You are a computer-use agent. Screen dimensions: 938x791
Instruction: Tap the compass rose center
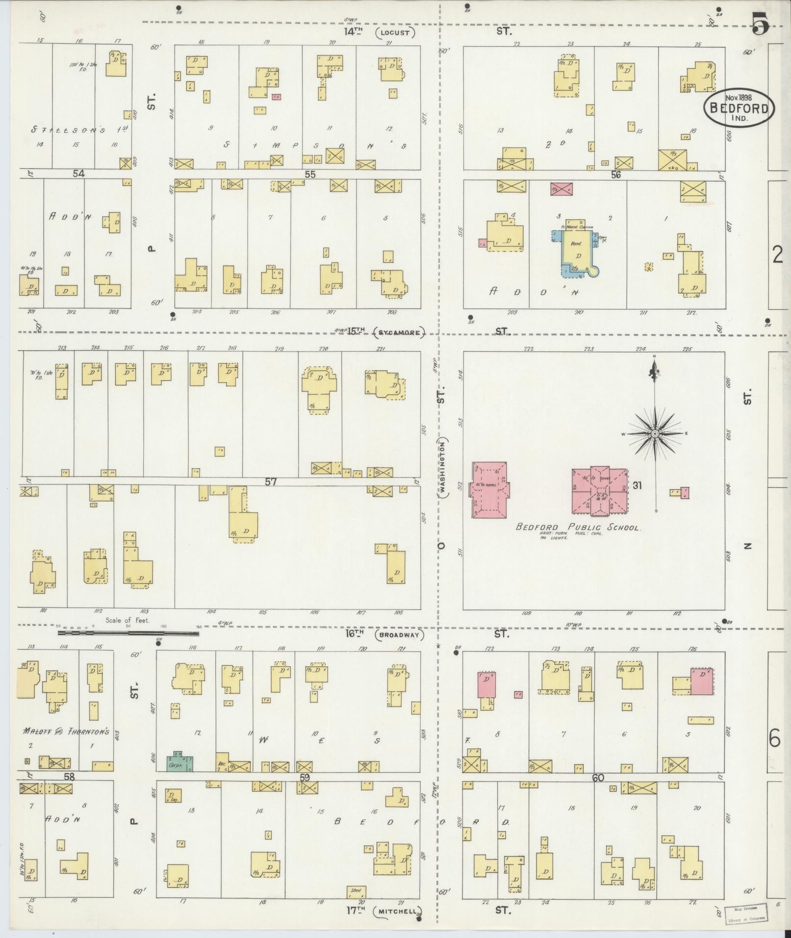(655, 434)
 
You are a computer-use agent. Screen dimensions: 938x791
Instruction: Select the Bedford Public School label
(578, 528)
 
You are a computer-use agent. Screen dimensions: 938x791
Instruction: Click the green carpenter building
(179, 761)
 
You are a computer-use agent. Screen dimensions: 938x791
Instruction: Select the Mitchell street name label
(397, 912)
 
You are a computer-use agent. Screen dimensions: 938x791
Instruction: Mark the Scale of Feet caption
(128, 620)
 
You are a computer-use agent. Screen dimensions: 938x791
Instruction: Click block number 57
(271, 482)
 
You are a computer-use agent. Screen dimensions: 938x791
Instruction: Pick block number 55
(309, 174)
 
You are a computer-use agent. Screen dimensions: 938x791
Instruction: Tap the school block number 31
(637, 485)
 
